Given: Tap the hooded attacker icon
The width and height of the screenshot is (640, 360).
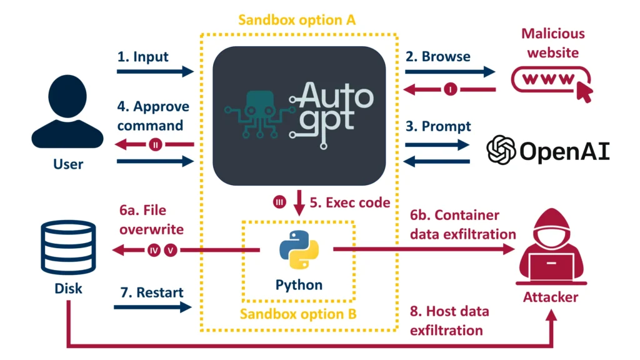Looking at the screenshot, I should [549, 250].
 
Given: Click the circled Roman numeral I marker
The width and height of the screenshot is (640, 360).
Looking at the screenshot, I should [451, 89].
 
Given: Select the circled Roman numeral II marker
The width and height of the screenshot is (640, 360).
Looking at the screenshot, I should [156, 144].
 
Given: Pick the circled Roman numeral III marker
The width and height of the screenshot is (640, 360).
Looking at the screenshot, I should [279, 202].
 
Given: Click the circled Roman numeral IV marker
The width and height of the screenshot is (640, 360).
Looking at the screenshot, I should [154, 250].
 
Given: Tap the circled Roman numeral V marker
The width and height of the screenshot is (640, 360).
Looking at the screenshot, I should [171, 250].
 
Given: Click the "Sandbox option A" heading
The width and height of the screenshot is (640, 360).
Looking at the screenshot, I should [297, 19].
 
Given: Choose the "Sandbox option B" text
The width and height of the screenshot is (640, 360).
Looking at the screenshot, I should [298, 313].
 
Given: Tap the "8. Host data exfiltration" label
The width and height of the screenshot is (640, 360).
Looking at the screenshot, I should [449, 320].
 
